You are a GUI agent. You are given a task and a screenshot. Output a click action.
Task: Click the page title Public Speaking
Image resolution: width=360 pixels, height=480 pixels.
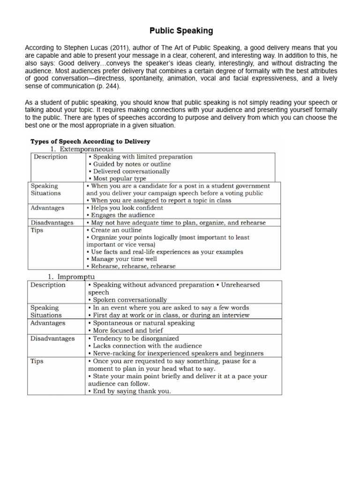181,31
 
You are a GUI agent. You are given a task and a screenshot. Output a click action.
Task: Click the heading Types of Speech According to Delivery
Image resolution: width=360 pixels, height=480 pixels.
90,141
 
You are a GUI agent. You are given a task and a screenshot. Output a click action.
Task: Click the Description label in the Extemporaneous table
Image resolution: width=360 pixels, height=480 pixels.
50,157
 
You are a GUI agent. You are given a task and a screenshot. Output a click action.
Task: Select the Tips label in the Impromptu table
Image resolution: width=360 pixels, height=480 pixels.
37,361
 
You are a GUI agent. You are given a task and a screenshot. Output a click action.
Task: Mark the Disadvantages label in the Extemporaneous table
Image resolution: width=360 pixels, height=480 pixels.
52,223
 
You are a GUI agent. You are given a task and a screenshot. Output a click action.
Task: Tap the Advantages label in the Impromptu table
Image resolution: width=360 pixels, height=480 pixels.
48,323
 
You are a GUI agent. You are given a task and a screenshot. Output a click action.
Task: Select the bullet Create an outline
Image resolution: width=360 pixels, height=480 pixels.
114,230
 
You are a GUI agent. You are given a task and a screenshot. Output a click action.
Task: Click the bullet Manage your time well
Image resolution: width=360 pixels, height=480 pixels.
122,259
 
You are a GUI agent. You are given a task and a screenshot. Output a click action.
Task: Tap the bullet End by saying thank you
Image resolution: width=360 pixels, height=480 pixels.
129,391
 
